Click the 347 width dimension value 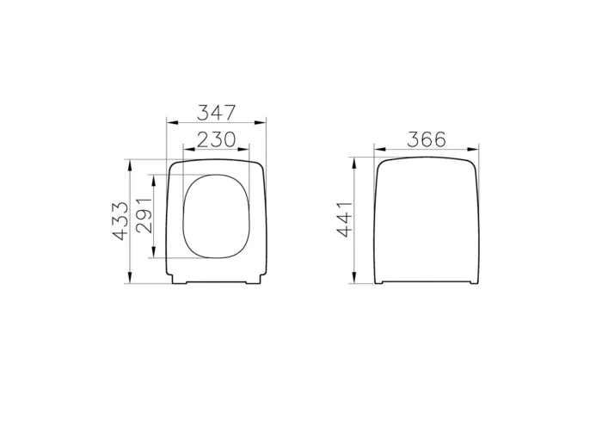(x=216, y=113)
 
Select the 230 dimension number (x=216, y=139)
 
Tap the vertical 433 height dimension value (x=120, y=220)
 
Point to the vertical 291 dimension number (x=145, y=216)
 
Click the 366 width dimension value (x=427, y=139)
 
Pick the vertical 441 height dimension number (x=344, y=220)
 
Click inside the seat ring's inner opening (x=216, y=216)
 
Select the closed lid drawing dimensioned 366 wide (x=427, y=220)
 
